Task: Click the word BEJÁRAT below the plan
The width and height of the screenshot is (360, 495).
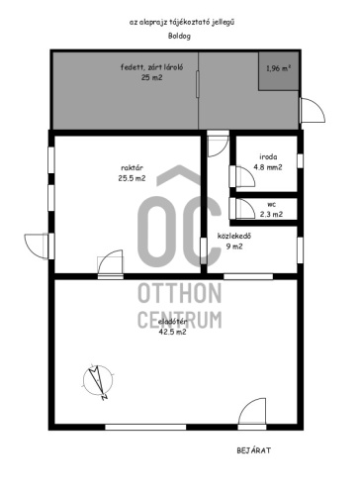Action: pyautogui.click(x=254, y=450)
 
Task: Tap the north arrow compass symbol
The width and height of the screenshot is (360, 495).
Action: pyautogui.click(x=98, y=381)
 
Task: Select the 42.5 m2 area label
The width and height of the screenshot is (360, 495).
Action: pyautogui.click(x=172, y=332)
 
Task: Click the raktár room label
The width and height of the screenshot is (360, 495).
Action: pyautogui.click(x=132, y=168)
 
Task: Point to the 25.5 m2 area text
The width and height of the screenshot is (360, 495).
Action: pyautogui.click(x=132, y=178)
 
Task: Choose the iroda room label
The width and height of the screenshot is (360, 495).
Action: pyautogui.click(x=268, y=156)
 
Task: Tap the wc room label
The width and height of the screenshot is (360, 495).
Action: pyautogui.click(x=271, y=205)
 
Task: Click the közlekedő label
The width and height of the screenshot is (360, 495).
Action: pyautogui.click(x=234, y=236)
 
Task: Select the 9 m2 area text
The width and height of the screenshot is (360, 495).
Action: pyautogui.click(x=234, y=247)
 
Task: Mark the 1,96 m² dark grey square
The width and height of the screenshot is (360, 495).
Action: pyautogui.click(x=279, y=71)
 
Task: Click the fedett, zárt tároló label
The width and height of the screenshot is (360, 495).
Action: pyautogui.click(x=151, y=67)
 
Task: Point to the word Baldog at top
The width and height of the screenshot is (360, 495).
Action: pyautogui.click(x=179, y=36)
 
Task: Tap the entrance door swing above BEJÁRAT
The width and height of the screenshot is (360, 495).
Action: pyautogui.click(x=252, y=411)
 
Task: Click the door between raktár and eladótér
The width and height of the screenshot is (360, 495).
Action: pyautogui.click(x=111, y=262)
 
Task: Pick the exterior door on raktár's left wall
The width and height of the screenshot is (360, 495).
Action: pyautogui.click(x=36, y=246)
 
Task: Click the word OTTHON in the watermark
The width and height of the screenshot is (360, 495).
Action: pyautogui.click(x=180, y=293)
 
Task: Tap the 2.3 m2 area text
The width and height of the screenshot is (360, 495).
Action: pyautogui.click(x=271, y=214)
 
